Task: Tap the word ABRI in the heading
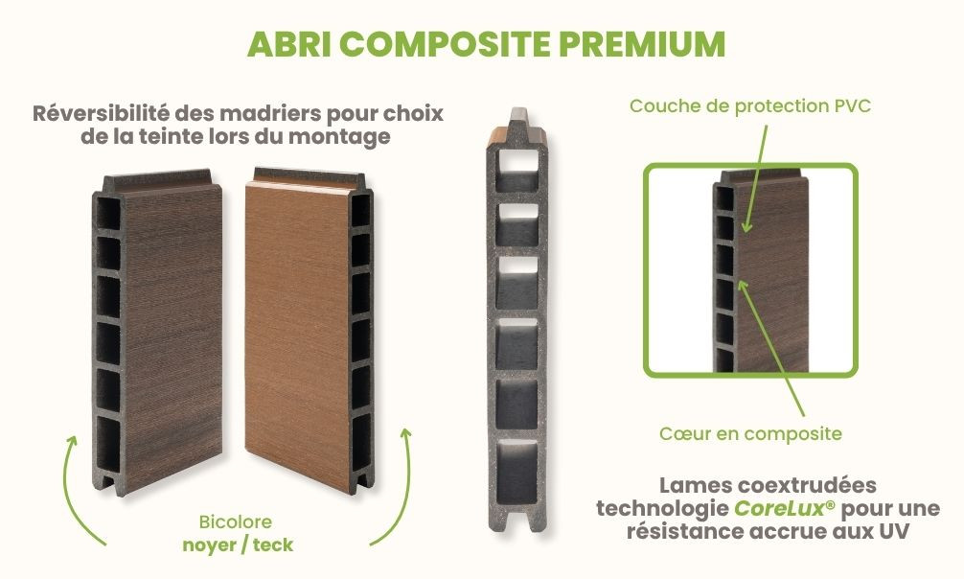coord(288,44)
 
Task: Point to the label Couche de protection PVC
coord(750,106)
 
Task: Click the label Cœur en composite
coord(750,434)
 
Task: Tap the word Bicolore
coord(236,522)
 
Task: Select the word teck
coord(273,544)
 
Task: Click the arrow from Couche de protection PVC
coord(756,178)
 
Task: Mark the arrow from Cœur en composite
coord(771,348)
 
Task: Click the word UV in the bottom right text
coord(894,530)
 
